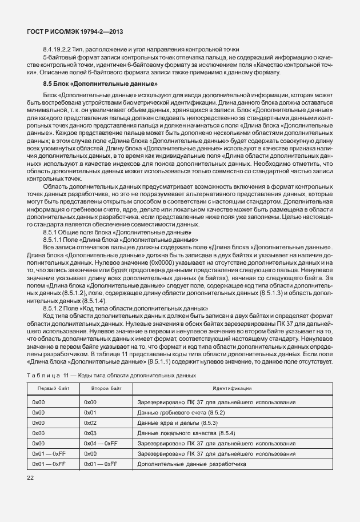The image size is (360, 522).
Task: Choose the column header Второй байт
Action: [106, 389]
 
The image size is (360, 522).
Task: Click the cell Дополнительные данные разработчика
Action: [191, 464]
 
